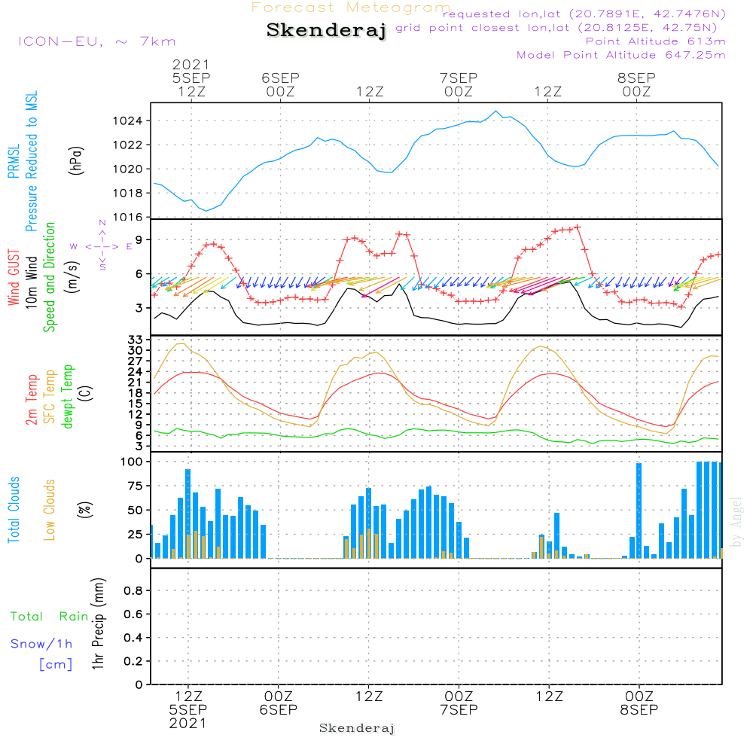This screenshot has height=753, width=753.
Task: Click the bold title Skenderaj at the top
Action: (x=326, y=31)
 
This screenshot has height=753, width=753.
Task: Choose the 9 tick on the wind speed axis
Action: (x=140, y=239)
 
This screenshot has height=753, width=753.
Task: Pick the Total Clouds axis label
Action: (x=14, y=509)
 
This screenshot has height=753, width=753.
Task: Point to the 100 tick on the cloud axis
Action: (x=133, y=462)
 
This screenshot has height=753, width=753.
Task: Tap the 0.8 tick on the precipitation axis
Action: (x=133, y=591)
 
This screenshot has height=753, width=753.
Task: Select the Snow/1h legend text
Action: (x=42, y=644)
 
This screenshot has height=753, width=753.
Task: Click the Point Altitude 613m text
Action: (x=655, y=41)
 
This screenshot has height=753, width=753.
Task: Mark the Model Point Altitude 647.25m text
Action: (x=621, y=55)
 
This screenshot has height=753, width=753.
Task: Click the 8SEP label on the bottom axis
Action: (x=639, y=710)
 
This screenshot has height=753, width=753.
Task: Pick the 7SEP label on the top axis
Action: (x=459, y=78)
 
